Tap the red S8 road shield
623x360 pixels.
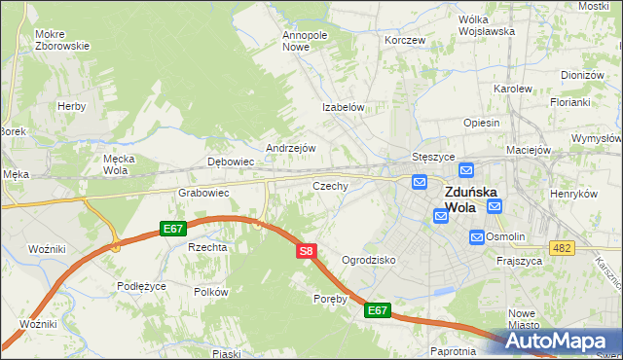(x=306, y=251)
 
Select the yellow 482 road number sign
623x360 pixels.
(x=561, y=249)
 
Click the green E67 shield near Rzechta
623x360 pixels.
(x=173, y=229)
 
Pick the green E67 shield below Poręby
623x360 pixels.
(x=379, y=310)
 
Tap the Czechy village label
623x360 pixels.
(x=330, y=185)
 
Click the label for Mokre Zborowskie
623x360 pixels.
(x=62, y=40)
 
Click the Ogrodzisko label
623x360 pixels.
(x=369, y=261)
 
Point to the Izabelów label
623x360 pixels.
(x=344, y=108)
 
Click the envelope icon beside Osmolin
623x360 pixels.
(x=476, y=236)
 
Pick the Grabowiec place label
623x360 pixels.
(x=203, y=193)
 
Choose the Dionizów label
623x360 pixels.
(x=583, y=75)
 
